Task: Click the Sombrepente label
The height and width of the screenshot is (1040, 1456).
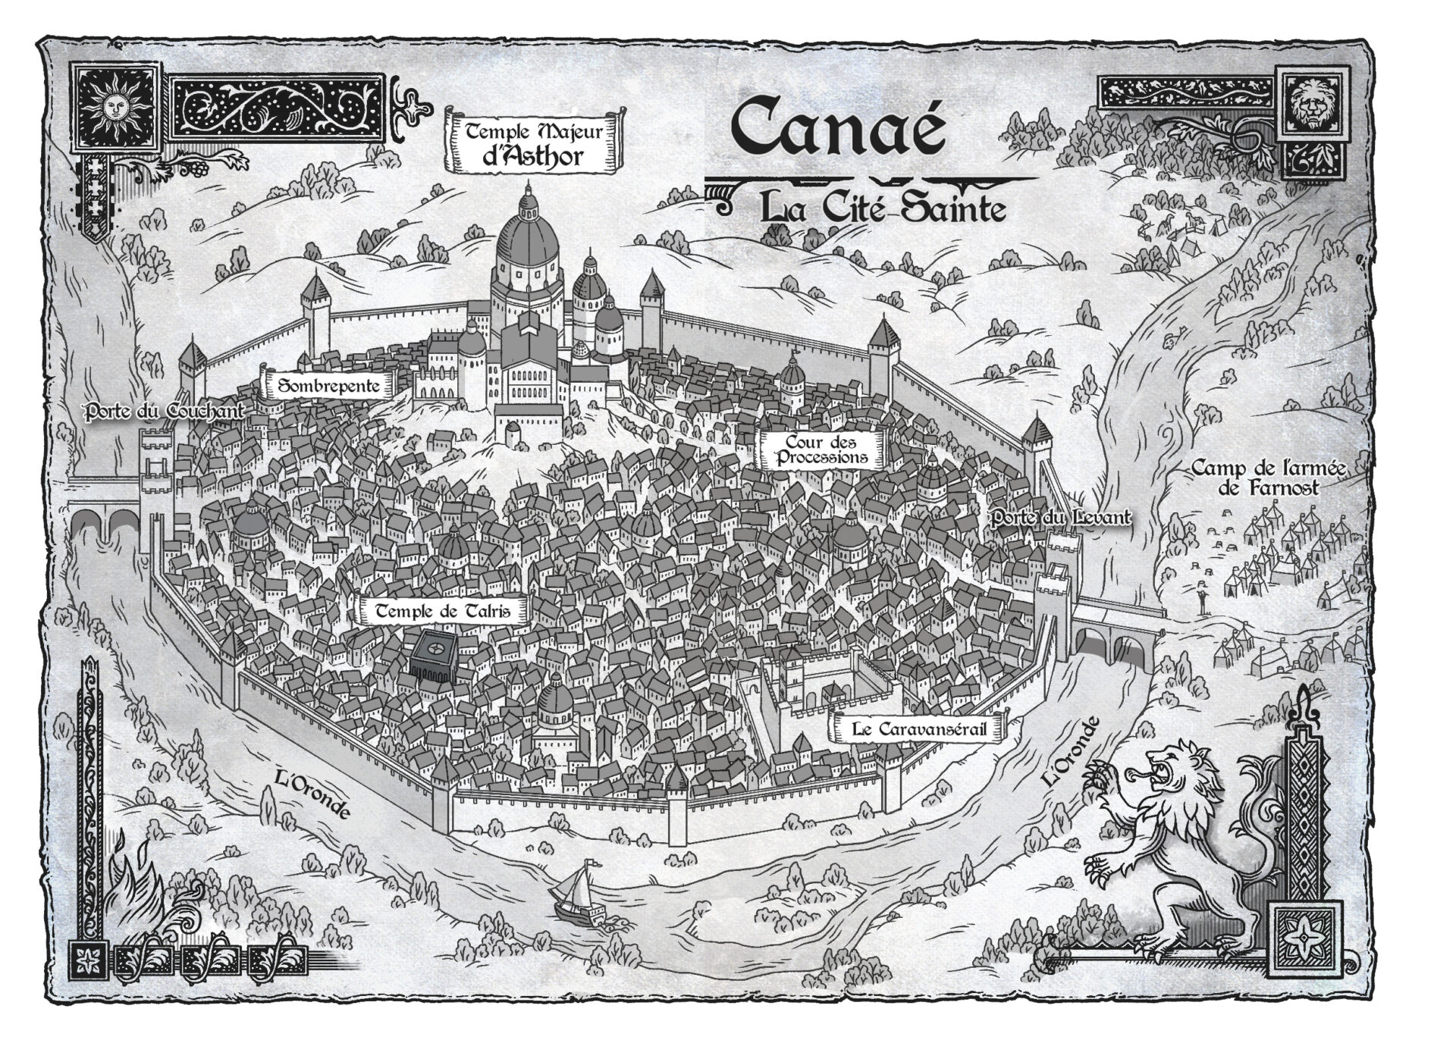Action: click(x=328, y=386)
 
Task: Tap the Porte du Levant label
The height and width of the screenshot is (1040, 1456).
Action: click(x=1061, y=518)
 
